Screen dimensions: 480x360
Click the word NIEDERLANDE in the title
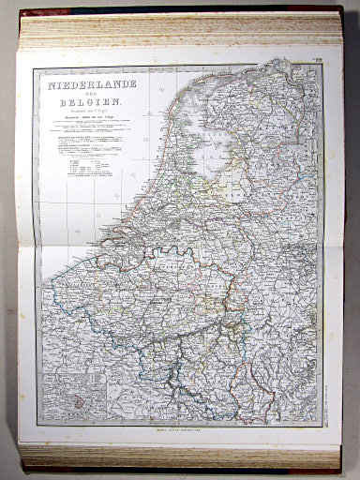(x=85, y=84)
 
